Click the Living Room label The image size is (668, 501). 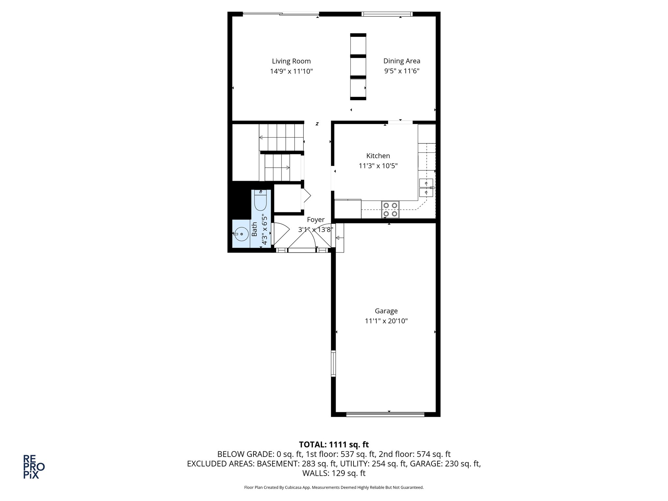point(291,61)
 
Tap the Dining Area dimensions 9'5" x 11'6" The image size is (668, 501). point(402,71)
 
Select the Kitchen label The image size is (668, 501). point(378,156)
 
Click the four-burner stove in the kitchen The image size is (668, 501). point(390,209)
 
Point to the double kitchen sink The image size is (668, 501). point(426,188)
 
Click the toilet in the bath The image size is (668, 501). point(260,200)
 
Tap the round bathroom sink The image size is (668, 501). point(241,234)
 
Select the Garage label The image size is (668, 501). point(386,311)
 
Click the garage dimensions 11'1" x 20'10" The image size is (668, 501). point(386,321)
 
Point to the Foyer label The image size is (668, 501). point(315,220)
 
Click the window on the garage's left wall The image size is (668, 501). point(333,363)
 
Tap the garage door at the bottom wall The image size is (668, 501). point(385,415)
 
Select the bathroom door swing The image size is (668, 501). point(281,233)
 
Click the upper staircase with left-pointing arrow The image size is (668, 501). point(281,137)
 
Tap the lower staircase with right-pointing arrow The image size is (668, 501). point(277,167)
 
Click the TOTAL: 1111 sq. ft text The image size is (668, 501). point(334,445)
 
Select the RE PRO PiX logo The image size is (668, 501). point(34,466)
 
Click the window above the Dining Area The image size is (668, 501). point(387,14)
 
